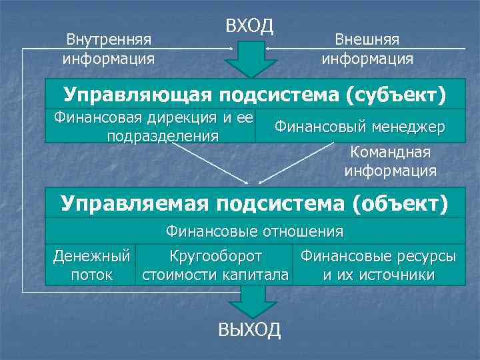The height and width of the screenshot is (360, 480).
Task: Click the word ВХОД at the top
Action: pos(250,27)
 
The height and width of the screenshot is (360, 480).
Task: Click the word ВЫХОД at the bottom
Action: pos(250,330)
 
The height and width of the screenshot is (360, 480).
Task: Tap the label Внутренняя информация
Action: pos(108,49)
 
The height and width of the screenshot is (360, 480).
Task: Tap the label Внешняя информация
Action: pos(367,49)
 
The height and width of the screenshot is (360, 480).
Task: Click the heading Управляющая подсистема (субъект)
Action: pos(254,94)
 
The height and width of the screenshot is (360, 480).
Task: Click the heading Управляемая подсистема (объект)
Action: pos(254,202)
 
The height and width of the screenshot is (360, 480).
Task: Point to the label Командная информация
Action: pos(391,161)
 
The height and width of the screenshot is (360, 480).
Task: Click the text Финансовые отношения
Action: pos(254,231)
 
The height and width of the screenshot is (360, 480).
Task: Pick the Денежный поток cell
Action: pos(91,265)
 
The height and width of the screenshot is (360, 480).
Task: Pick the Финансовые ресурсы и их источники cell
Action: pos(377,265)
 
